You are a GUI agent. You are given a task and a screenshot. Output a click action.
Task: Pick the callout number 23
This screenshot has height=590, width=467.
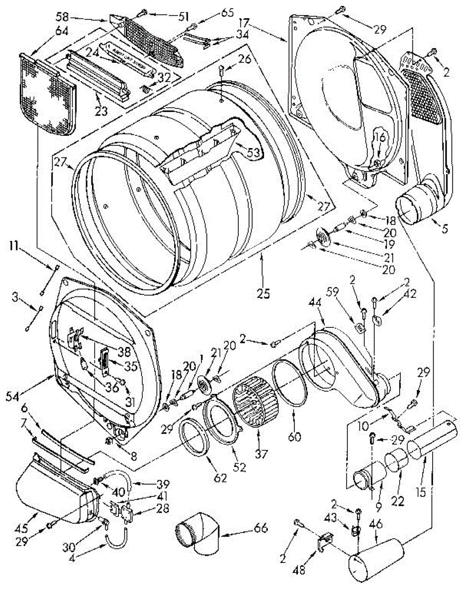(100, 113)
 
